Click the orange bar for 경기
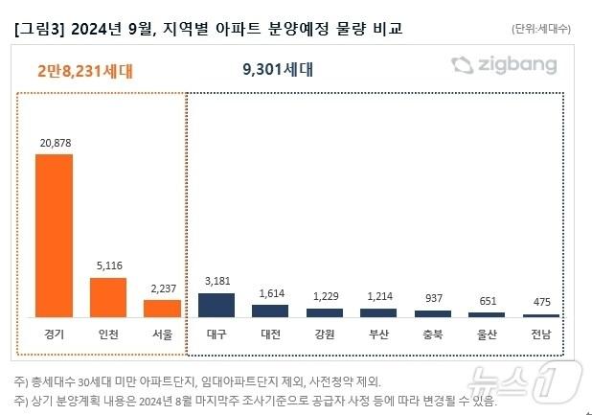(x=54, y=235)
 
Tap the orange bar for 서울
(x=162, y=308)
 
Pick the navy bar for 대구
(x=216, y=305)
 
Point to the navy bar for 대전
(x=270, y=311)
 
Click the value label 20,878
(x=54, y=143)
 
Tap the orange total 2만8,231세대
(x=85, y=70)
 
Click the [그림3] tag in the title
(x=44, y=29)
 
